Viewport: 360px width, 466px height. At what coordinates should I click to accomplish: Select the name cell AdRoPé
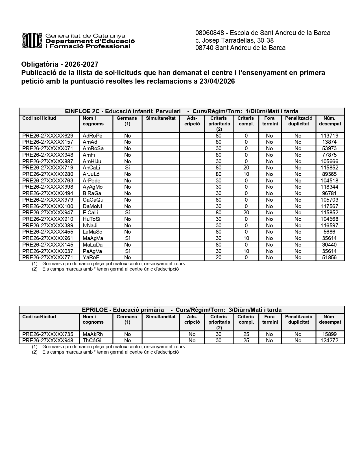(x=92, y=136)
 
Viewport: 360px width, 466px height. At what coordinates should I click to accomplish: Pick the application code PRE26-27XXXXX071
(x=48, y=149)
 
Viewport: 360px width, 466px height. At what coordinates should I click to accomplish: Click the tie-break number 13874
(x=329, y=142)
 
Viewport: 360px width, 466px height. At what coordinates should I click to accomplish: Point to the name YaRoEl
(x=91, y=258)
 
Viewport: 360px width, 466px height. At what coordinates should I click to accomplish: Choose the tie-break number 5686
(x=329, y=232)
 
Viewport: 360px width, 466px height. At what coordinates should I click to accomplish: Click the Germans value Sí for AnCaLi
(x=127, y=168)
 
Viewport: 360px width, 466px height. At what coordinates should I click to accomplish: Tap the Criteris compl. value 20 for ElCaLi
(x=246, y=213)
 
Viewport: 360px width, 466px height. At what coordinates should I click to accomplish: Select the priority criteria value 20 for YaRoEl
(x=219, y=258)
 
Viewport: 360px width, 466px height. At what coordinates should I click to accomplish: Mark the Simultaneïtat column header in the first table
(x=161, y=118)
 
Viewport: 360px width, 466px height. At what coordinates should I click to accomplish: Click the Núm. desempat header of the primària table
(x=330, y=319)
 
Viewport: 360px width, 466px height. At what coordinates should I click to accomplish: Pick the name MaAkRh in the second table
(x=93, y=334)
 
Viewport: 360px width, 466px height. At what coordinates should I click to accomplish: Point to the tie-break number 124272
(x=329, y=341)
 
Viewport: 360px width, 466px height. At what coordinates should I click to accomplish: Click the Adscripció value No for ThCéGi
(x=192, y=341)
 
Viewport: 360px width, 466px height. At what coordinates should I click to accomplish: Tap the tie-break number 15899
(x=329, y=334)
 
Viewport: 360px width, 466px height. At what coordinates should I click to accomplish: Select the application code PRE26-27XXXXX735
(x=48, y=334)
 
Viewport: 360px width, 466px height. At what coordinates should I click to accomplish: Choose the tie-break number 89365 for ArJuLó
(x=329, y=174)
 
